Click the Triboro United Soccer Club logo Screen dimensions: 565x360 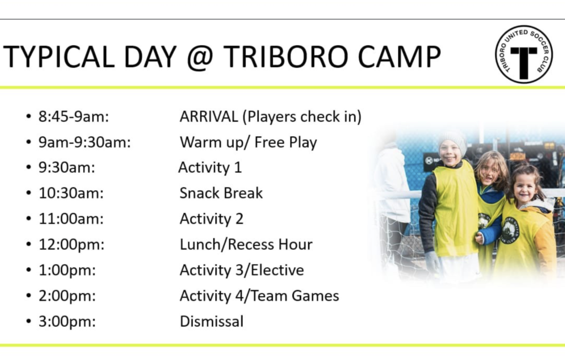(x=524, y=55)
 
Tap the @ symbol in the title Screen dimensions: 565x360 (x=200, y=57)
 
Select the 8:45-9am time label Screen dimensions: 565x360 (x=74, y=117)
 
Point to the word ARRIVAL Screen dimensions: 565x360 (x=209, y=116)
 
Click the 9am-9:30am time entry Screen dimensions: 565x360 (x=84, y=142)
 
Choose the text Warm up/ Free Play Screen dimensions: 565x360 (x=248, y=143)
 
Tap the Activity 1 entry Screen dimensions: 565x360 (x=210, y=168)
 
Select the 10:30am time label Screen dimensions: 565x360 (x=71, y=194)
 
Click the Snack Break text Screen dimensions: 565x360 (x=221, y=193)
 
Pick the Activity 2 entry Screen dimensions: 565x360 (x=211, y=219)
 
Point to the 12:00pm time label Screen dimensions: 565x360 (x=71, y=245)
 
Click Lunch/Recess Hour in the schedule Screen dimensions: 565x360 (x=246, y=244)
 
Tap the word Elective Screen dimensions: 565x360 (x=277, y=270)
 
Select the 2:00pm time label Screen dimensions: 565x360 (x=67, y=296)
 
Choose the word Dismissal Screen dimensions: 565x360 (x=212, y=321)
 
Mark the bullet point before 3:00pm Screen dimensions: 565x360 (x=29, y=321)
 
